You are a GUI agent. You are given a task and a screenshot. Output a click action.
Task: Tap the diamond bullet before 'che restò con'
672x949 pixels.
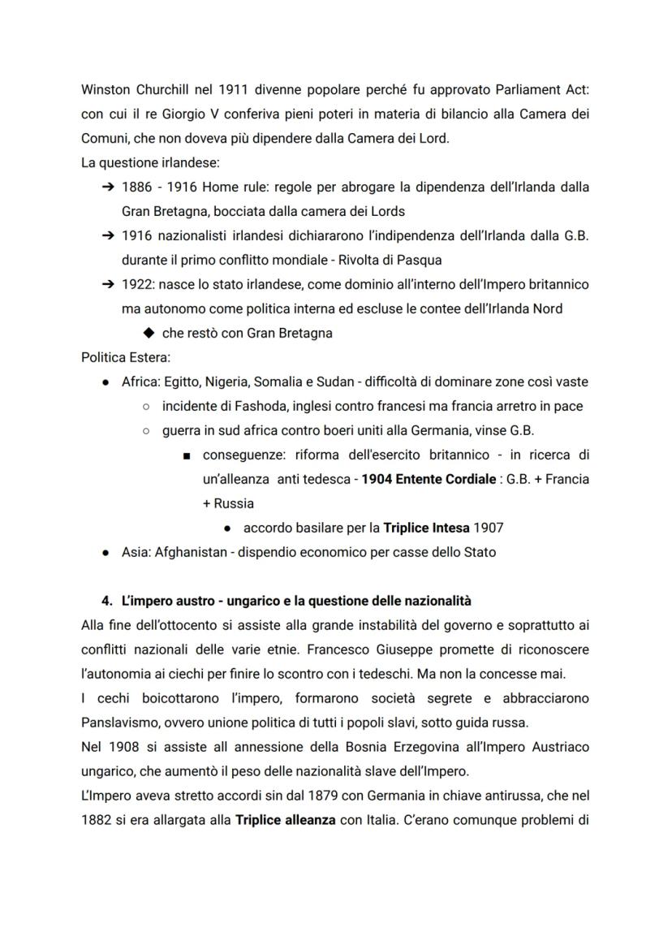[x=148, y=333]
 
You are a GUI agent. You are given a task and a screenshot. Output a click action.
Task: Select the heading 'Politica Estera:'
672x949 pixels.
[x=126, y=357]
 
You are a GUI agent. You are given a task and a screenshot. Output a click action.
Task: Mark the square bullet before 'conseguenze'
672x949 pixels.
[x=187, y=455]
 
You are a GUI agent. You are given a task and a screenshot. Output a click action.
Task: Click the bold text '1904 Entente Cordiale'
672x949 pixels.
[x=429, y=479]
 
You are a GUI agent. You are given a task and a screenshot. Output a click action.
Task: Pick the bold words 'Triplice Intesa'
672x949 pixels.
[x=426, y=528]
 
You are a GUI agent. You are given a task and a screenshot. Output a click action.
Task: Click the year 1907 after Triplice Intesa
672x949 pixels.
[x=489, y=528]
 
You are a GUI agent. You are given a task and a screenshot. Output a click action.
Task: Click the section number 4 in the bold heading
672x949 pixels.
[x=106, y=601]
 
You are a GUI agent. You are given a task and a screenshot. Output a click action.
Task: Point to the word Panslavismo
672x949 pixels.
[x=118, y=723]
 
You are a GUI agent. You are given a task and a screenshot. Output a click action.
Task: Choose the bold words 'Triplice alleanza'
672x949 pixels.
[x=286, y=820]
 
